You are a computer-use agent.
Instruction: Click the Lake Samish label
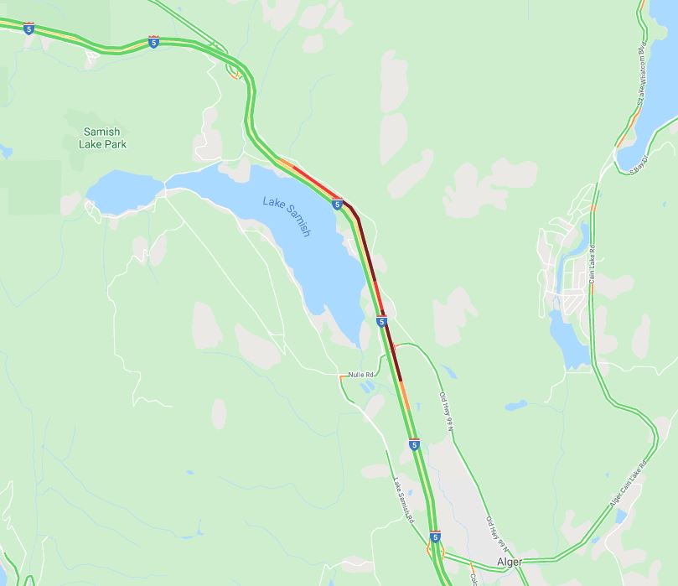click(287, 216)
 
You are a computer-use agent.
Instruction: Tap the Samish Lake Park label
click(104, 137)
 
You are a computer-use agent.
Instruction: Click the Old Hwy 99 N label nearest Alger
click(494, 533)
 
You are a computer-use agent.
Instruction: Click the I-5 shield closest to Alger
click(435, 536)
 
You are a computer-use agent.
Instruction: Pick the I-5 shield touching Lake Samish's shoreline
click(337, 204)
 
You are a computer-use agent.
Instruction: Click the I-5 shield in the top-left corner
click(29, 29)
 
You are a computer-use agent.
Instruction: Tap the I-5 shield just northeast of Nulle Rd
click(381, 321)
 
